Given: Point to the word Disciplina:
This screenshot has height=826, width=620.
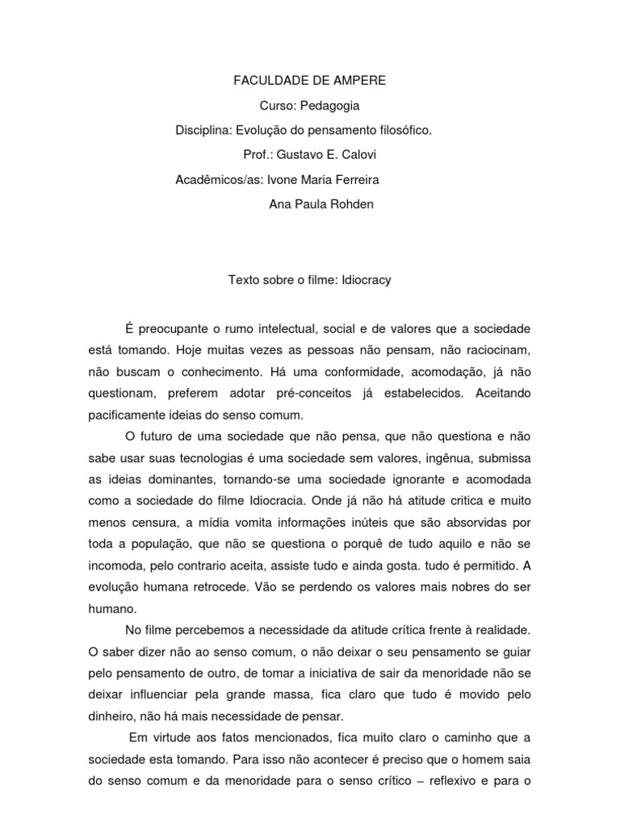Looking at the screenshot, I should pos(203,130).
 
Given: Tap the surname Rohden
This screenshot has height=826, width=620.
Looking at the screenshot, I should pos(353,203).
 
